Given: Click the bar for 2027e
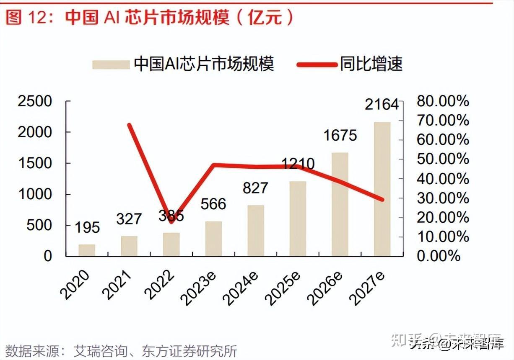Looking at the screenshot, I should [x=382, y=189].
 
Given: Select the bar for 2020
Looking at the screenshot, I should [x=87, y=250].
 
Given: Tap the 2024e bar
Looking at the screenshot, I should [x=256, y=231].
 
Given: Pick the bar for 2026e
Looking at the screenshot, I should [x=340, y=204].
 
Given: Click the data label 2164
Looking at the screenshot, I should [x=382, y=104].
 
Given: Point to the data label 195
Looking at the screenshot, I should [x=87, y=227].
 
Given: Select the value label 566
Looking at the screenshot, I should [x=213, y=204].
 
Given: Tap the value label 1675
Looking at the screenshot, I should [x=340, y=135].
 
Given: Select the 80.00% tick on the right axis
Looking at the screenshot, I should [x=443, y=101].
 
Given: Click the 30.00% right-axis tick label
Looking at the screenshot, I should [x=443, y=198].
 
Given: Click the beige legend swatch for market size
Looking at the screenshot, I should [x=111, y=64].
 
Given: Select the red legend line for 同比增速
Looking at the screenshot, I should [x=317, y=64].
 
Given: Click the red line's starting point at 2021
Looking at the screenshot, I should [x=129, y=125].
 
